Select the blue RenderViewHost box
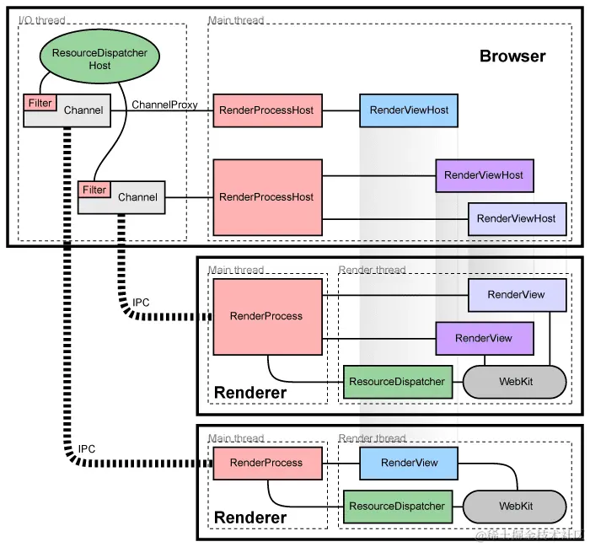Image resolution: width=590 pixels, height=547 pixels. (x=409, y=110)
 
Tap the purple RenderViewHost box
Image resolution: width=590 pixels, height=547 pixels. (x=484, y=175)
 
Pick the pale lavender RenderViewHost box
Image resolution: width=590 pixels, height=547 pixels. (x=516, y=218)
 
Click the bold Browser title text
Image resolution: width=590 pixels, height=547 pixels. (x=512, y=56)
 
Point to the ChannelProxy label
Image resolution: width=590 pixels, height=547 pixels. (x=164, y=105)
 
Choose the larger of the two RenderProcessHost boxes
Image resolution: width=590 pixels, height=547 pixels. (x=266, y=197)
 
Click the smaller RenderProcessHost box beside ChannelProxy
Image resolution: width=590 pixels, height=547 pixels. (x=266, y=110)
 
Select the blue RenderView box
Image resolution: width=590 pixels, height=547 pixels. (x=409, y=463)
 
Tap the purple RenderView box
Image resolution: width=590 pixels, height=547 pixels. (x=484, y=338)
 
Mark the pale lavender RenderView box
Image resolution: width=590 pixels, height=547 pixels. (x=516, y=295)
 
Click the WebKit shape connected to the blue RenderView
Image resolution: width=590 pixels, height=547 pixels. (x=514, y=507)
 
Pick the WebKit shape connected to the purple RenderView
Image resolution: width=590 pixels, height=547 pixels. (x=514, y=382)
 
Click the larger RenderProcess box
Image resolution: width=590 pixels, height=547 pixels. (x=266, y=316)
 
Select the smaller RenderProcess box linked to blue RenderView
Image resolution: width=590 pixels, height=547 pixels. (x=266, y=463)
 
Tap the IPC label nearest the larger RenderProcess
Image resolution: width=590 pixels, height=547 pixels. (x=142, y=303)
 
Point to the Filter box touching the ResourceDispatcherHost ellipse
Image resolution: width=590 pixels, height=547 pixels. (x=40, y=103)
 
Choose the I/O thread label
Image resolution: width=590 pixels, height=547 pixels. (x=41, y=19)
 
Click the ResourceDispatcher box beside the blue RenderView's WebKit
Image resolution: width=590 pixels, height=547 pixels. (x=397, y=507)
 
